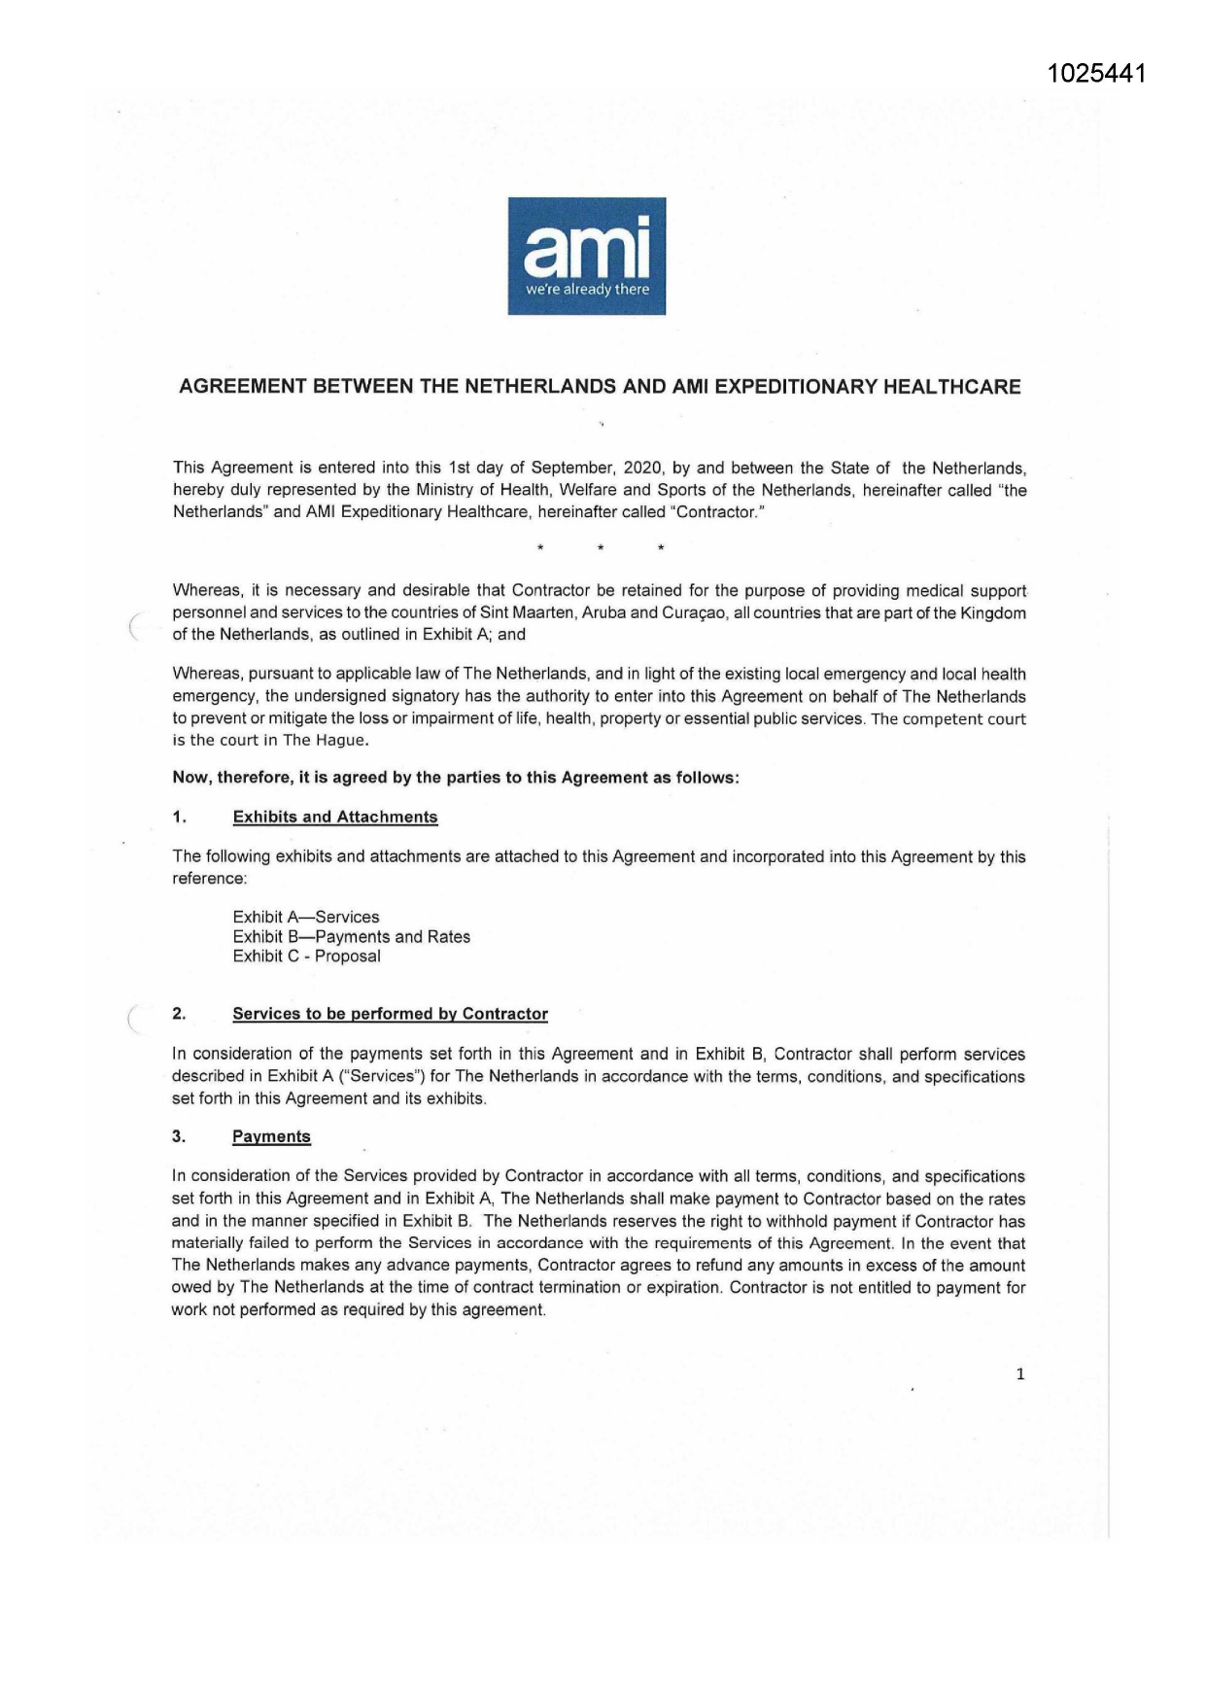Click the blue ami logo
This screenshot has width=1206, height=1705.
[x=586, y=256]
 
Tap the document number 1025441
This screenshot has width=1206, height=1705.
[x=1097, y=74]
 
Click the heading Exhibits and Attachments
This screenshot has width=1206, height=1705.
[x=335, y=818]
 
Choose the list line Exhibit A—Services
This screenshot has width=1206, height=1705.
[x=306, y=917]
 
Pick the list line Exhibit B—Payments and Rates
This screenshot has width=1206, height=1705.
[x=351, y=937]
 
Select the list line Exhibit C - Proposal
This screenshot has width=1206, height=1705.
[x=306, y=957]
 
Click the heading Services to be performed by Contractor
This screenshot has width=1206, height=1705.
[x=390, y=1015]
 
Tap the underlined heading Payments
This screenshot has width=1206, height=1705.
[x=271, y=1137]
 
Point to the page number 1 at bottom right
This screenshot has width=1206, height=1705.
[x=1019, y=1374]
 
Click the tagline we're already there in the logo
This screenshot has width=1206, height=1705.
[x=587, y=290]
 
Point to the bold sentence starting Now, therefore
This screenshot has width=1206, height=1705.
[x=455, y=778]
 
